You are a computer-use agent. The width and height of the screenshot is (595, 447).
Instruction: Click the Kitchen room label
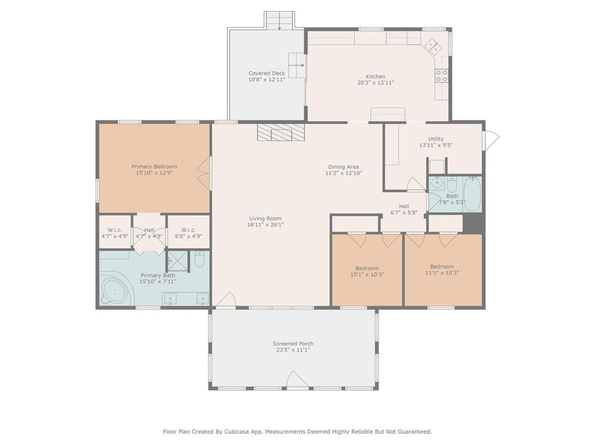375,76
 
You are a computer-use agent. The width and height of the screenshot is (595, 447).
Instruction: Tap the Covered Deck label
267,73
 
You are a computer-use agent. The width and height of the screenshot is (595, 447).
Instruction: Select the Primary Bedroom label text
154,166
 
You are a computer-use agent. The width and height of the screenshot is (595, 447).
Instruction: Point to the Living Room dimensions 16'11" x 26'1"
265,225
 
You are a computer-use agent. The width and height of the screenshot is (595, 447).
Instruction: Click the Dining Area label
343,167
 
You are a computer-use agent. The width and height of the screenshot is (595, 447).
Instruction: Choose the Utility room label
436,139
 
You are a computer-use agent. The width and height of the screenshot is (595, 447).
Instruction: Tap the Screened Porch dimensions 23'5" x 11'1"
293,350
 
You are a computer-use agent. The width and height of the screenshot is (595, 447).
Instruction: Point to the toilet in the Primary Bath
199,259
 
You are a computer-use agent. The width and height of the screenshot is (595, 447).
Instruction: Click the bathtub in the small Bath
472,194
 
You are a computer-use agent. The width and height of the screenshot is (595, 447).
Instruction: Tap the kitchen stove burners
441,76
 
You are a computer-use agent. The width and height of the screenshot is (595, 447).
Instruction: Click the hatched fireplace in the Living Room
281,132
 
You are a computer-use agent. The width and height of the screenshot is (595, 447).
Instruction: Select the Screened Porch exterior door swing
297,380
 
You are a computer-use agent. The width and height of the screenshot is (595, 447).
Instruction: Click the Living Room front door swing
226,299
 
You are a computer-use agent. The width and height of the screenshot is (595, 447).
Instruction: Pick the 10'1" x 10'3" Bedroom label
367,271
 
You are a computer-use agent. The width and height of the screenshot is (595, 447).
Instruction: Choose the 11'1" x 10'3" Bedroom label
441,269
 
